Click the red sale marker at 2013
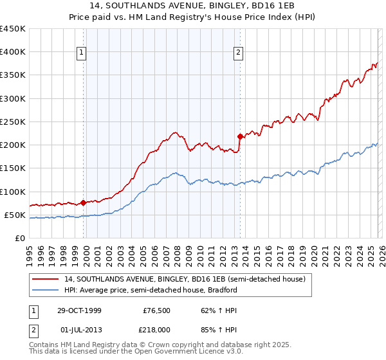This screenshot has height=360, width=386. pos(240,136)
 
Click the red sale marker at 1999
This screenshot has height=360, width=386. pos(84,203)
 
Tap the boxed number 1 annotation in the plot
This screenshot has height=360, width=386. pos(82,53)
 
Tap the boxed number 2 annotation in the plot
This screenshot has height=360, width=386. pos(238,53)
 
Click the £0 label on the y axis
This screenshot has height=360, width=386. pos(19,238)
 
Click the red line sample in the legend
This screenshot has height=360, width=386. pos(46,280)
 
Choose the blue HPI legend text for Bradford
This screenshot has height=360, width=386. pos(151,290)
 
